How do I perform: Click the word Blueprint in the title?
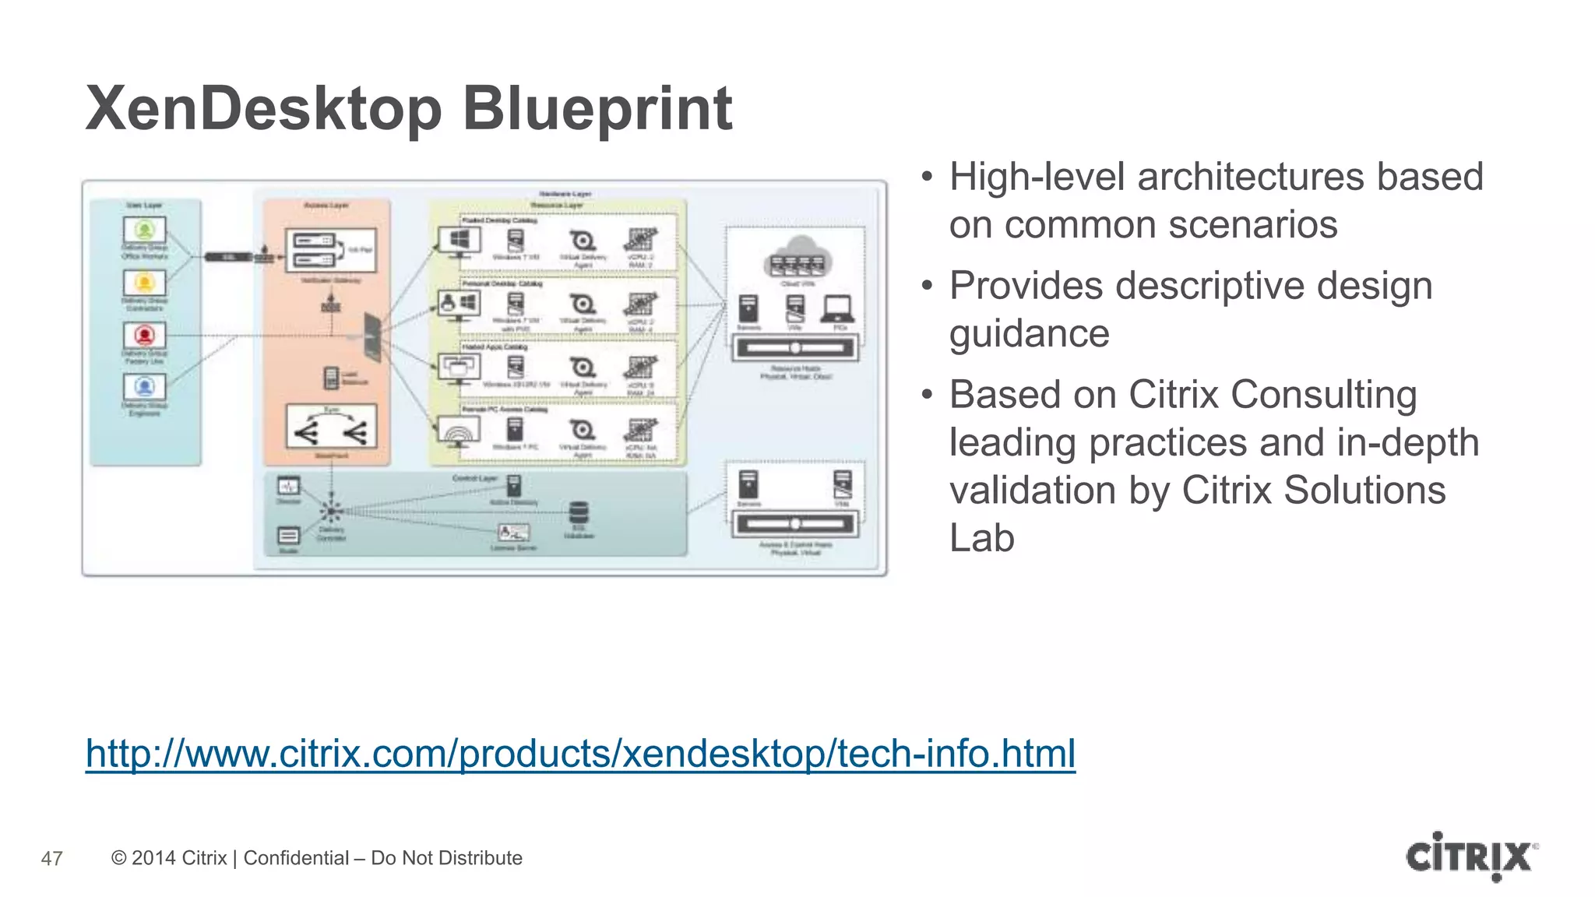pyautogui.click(x=597, y=109)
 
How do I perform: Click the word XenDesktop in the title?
pyautogui.click(x=264, y=109)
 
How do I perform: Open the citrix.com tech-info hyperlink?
pyautogui.click(x=580, y=754)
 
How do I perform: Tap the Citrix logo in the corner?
pyautogui.click(x=1471, y=857)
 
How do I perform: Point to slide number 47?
pyautogui.click(x=51, y=859)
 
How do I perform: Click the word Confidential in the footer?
pyautogui.click(x=296, y=858)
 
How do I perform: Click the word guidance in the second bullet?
pyautogui.click(x=1029, y=334)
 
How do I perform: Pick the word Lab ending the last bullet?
pyautogui.click(x=981, y=538)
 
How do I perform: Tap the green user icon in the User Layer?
pyautogui.click(x=144, y=230)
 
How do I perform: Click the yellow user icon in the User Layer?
pyautogui.click(x=144, y=282)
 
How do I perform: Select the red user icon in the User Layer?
pyautogui.click(x=144, y=335)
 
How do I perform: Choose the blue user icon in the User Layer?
pyautogui.click(x=144, y=386)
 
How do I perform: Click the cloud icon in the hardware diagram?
pyautogui.click(x=797, y=255)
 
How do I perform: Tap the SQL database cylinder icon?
pyautogui.click(x=579, y=512)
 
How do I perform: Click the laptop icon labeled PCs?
pyautogui.click(x=838, y=309)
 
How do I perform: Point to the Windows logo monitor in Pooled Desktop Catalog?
pyautogui.click(x=459, y=240)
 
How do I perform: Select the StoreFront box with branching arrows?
pyautogui.click(x=331, y=427)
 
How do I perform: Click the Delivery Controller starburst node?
pyautogui.click(x=331, y=512)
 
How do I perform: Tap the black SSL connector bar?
pyautogui.click(x=227, y=257)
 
